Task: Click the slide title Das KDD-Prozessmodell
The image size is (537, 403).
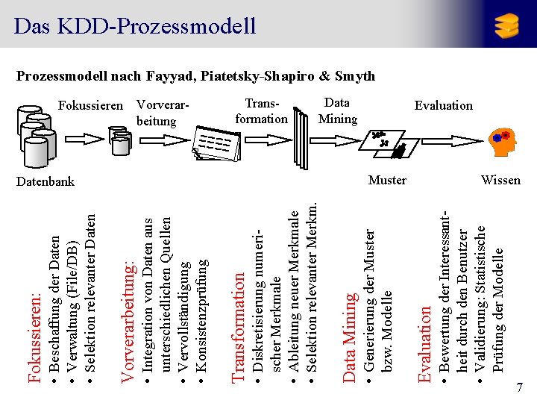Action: (135, 26)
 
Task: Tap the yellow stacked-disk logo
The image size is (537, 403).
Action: (506, 26)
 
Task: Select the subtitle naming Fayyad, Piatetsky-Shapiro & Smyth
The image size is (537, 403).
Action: (195, 76)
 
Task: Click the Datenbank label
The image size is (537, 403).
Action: (45, 181)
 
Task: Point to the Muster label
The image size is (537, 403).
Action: (387, 180)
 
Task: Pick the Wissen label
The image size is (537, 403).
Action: (500, 180)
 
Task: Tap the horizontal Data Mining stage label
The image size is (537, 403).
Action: (337, 111)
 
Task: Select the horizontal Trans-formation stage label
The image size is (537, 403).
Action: (260, 111)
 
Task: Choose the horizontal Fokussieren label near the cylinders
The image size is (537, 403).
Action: (90, 105)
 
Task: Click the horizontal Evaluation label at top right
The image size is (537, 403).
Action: (443, 105)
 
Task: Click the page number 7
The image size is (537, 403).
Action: (519, 387)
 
